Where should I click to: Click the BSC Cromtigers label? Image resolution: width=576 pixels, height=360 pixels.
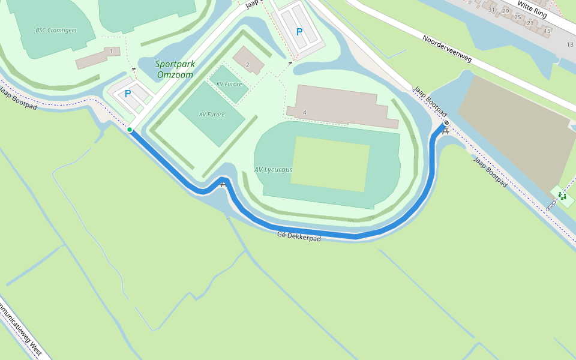(x=56, y=30)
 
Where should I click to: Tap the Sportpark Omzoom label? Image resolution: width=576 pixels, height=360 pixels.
(x=175, y=70)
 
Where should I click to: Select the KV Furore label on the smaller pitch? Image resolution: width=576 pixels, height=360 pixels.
(x=229, y=85)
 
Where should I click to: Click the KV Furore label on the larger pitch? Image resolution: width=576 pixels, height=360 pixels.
(x=212, y=114)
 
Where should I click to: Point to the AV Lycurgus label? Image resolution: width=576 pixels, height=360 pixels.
(x=273, y=170)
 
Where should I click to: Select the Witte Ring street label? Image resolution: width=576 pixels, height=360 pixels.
(x=533, y=8)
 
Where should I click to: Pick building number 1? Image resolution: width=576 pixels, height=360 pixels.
(x=111, y=52)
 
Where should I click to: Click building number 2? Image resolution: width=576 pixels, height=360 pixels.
(x=247, y=65)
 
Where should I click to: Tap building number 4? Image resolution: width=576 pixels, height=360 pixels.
(x=305, y=113)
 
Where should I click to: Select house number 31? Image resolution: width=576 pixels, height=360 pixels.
(x=492, y=10)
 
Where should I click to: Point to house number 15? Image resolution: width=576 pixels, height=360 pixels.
(x=547, y=31)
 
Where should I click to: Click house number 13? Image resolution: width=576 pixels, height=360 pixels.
(x=569, y=45)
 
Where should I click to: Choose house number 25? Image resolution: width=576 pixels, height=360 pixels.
(x=517, y=17)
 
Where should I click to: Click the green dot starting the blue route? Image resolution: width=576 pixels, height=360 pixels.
(x=130, y=130)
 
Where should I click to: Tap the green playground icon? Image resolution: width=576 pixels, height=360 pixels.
(x=562, y=196)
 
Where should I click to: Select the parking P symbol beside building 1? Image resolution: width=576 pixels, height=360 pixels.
(x=128, y=94)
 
